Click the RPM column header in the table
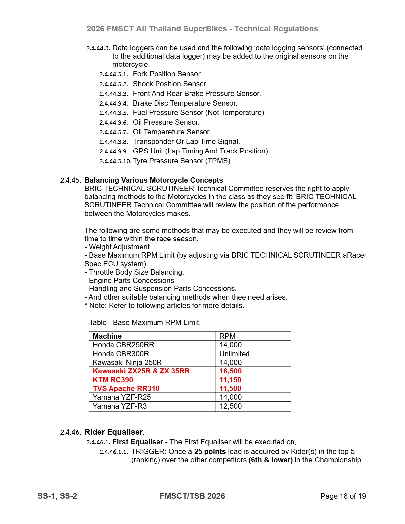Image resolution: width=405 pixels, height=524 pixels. click(227, 336)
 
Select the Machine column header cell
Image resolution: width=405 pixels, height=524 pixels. click(107, 336)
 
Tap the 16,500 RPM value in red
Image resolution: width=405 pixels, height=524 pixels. click(231, 371)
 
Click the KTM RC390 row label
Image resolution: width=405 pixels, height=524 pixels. click(113, 380)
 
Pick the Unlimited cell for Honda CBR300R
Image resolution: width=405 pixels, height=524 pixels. click(234, 354)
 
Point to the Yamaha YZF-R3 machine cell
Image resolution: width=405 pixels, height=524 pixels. click(119, 406)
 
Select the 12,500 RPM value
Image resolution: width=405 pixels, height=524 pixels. click(231, 406)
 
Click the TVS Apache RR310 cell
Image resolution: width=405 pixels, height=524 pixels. click(126, 388)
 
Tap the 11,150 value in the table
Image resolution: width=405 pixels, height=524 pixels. click(230, 380)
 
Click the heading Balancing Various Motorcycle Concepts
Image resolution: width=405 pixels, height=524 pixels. click(154, 180)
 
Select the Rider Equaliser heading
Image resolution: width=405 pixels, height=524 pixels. click(114, 432)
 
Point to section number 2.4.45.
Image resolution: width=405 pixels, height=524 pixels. click(70, 181)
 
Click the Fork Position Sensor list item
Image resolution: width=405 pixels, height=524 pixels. click(167, 74)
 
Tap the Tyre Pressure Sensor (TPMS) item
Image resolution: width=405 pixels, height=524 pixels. click(181, 161)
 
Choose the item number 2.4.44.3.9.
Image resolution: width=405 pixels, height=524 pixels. click(113, 152)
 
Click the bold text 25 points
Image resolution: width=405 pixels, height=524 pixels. click(210, 452)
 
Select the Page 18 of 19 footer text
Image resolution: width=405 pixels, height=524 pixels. click(343, 496)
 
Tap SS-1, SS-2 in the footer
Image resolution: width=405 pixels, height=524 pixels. click(57, 496)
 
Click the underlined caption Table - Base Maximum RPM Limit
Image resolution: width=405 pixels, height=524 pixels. click(145, 323)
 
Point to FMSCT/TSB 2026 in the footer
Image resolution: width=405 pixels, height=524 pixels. click(192, 496)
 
